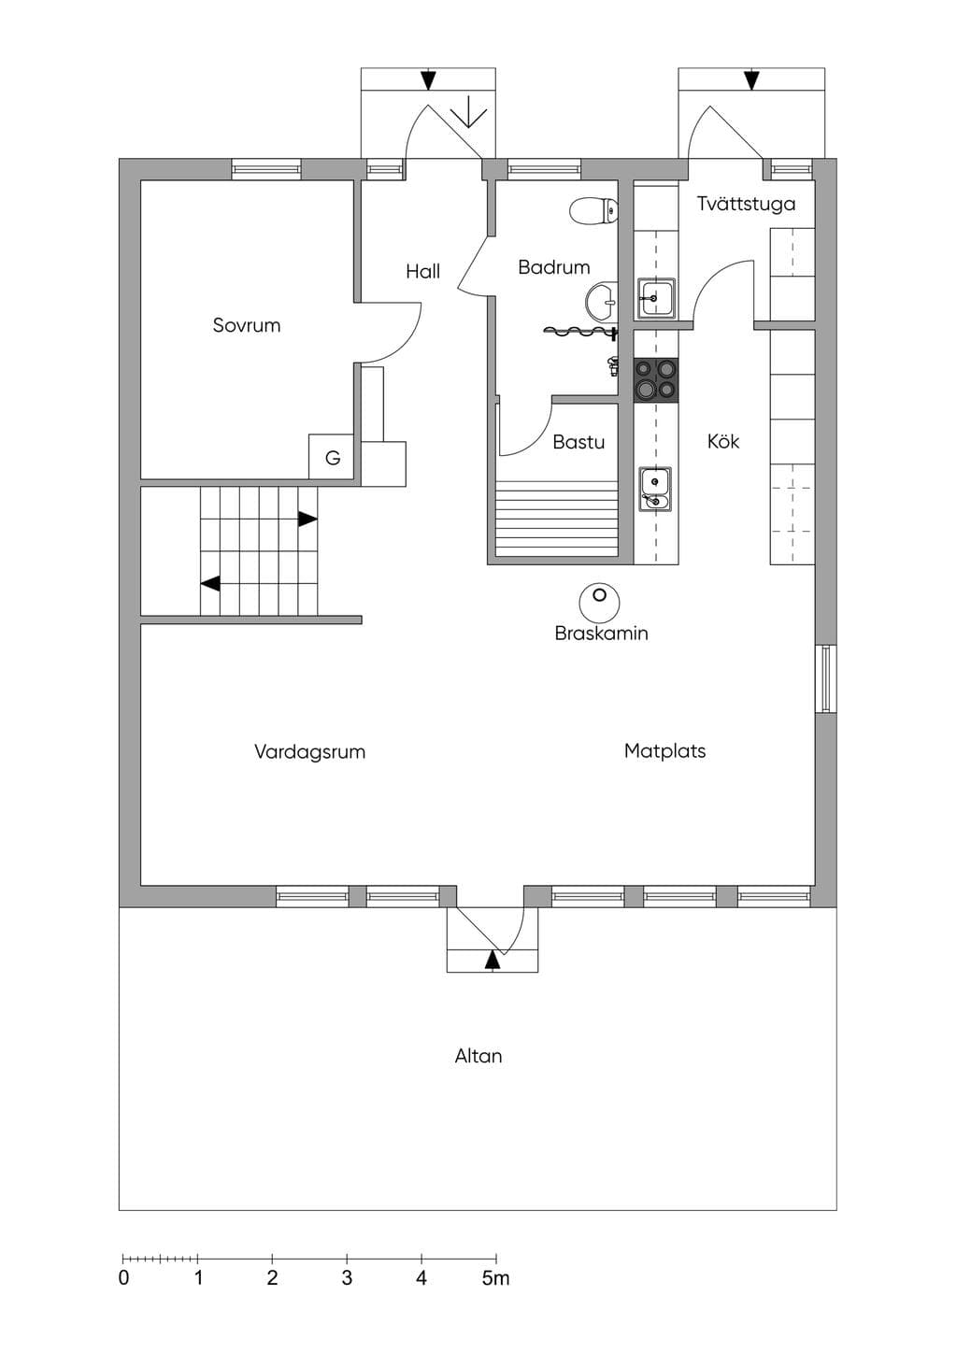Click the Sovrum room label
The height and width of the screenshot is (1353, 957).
247,325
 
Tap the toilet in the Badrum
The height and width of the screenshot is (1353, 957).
593,211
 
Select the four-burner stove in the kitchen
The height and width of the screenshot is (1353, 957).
655,380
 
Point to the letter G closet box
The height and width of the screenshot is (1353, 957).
331,457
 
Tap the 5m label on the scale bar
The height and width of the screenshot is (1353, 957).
496,1277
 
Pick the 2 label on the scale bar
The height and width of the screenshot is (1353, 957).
273,1277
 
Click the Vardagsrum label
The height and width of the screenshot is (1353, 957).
310,752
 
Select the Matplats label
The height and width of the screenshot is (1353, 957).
665,751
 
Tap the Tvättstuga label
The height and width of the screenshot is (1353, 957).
746,204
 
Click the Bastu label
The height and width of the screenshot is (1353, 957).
578,442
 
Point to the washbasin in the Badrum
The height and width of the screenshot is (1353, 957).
601,300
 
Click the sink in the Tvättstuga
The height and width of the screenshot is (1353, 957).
656,298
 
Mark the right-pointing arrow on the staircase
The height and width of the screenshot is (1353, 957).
307,519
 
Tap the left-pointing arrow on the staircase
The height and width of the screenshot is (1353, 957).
210,584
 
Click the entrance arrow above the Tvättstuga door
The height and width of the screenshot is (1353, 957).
751,80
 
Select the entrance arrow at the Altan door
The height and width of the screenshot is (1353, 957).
493,961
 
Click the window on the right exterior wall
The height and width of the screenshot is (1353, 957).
826,678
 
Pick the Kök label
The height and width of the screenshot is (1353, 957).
723,442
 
